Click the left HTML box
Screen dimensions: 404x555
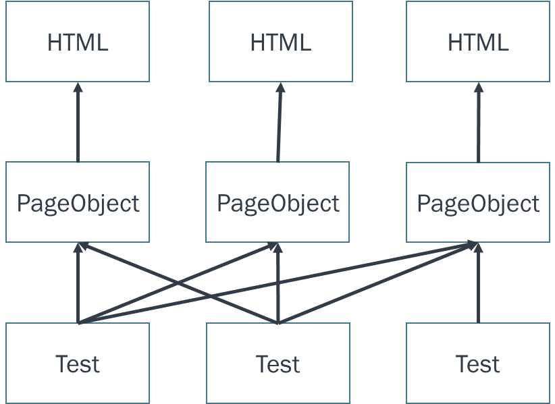point(78,42)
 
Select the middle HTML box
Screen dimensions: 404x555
point(280,42)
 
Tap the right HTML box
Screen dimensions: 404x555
point(478,42)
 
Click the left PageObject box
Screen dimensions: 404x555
point(78,202)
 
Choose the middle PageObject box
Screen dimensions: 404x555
point(277,202)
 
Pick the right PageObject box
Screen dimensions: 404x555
point(478,202)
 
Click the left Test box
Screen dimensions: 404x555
point(78,364)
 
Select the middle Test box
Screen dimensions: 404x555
point(277,364)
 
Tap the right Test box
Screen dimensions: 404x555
point(478,364)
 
